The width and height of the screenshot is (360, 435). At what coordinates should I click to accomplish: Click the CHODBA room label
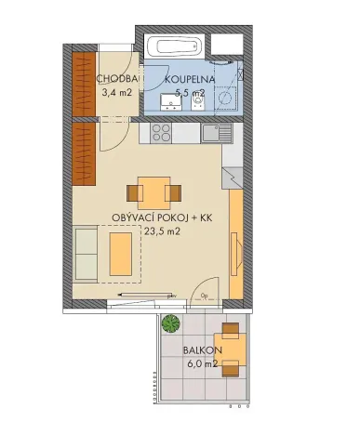point(118,79)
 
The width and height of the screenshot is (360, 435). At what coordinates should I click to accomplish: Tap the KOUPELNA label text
point(191,80)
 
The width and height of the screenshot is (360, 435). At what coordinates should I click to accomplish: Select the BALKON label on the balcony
point(201,350)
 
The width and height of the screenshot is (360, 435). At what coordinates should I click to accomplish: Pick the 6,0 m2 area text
point(201,363)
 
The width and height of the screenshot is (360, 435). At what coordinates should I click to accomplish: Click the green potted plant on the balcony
point(169,324)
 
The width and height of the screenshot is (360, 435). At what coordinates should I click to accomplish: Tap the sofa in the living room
point(86,253)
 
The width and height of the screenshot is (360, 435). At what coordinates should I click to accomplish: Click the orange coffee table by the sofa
point(119,253)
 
